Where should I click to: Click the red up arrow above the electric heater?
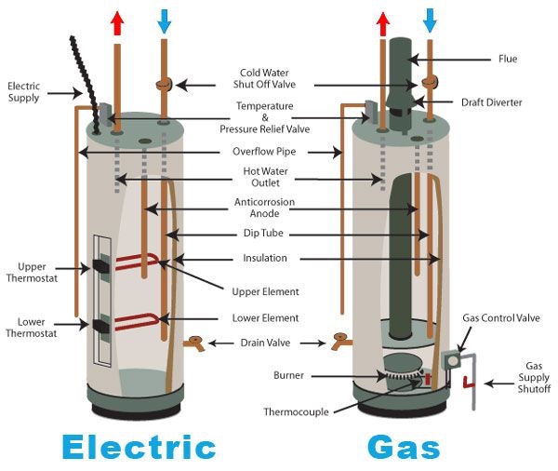click(117, 23)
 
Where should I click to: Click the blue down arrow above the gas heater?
click(430, 20)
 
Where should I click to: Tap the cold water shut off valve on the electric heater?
click(164, 85)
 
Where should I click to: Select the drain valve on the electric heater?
click(194, 343)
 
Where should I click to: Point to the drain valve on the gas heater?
click(341, 342)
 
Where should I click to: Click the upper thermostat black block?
click(100, 266)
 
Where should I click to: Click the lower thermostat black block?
click(100, 325)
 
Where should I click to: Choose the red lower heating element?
click(137, 322)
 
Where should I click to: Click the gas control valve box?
click(451, 361)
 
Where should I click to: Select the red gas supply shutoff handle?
click(469, 383)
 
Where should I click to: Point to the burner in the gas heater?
click(403, 372)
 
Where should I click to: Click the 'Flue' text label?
click(508, 59)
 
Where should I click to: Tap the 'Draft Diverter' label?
click(491, 102)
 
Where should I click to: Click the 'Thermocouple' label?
click(296, 412)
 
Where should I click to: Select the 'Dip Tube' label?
click(263, 233)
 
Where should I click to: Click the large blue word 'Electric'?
click(139, 447)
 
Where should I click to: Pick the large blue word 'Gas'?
click(404, 447)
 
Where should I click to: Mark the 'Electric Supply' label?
click(24, 92)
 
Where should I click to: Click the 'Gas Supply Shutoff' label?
click(534, 377)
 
